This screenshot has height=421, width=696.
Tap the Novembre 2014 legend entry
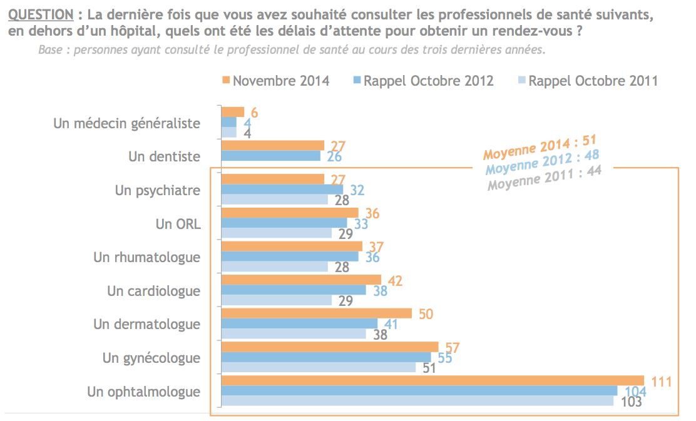276,81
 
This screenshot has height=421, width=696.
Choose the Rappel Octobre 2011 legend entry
588,81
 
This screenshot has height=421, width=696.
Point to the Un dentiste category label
165,156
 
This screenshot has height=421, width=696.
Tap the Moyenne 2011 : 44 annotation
544,178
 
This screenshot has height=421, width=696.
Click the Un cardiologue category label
154,291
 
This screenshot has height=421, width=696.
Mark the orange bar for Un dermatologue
317,313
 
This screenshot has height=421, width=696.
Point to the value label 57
452,347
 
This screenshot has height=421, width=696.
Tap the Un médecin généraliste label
127,123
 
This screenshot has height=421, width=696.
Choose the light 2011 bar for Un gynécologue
319,367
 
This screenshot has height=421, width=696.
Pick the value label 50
425,313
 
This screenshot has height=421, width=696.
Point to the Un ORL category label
179,223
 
